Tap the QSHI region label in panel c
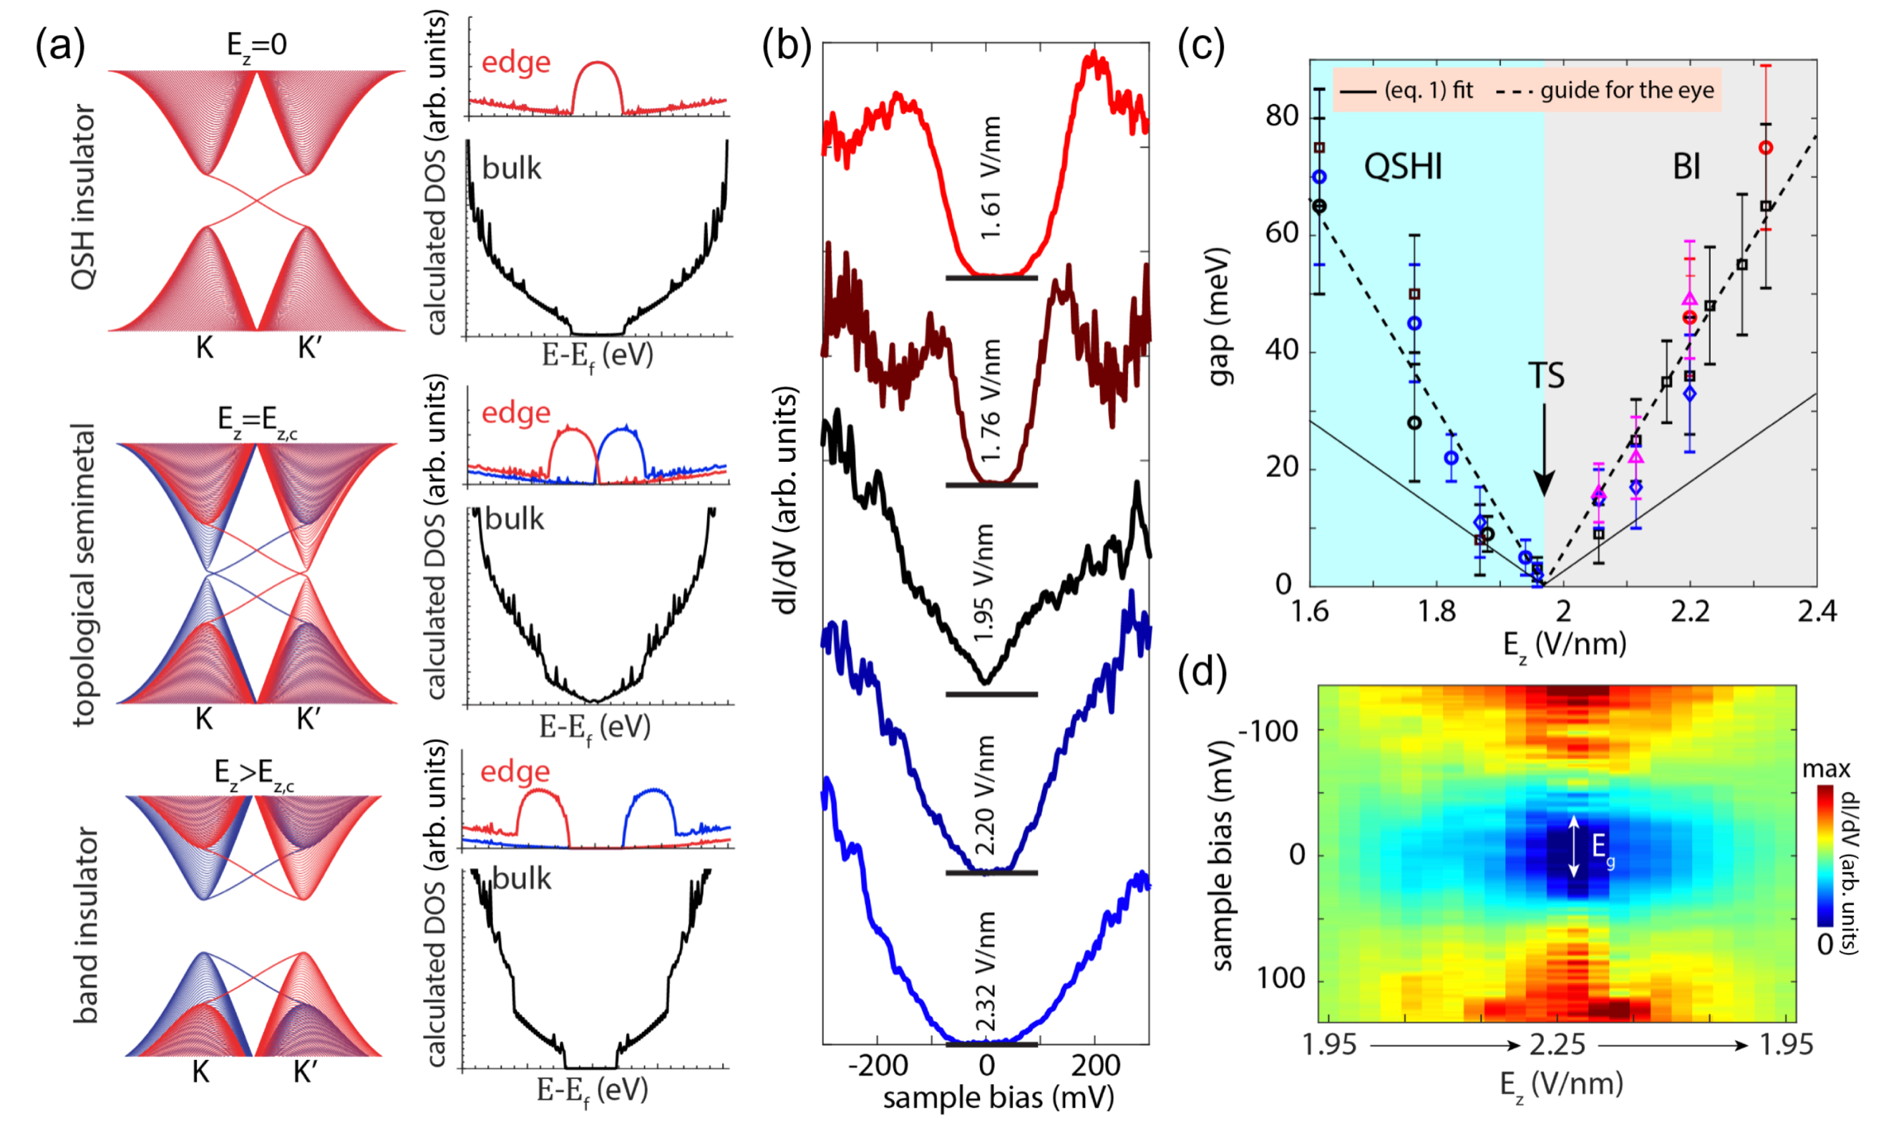click(x=1402, y=166)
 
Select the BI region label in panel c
click(x=1686, y=167)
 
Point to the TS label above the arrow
click(x=1545, y=375)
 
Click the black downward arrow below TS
click(x=1544, y=451)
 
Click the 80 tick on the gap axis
click(x=1282, y=116)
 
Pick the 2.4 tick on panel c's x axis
click(x=1817, y=610)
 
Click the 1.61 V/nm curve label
click(x=990, y=178)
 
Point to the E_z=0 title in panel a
click(x=257, y=46)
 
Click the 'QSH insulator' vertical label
click(x=83, y=197)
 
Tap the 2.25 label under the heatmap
click(x=1557, y=1045)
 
